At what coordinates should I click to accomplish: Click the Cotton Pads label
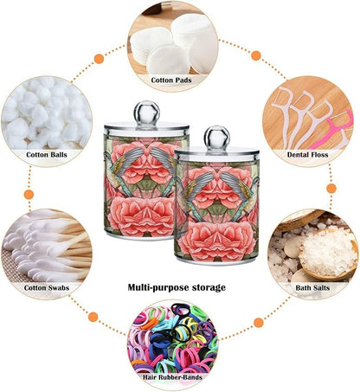(x=171, y=80)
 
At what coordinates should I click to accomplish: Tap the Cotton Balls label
(x=47, y=155)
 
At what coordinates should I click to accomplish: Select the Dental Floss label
(x=307, y=155)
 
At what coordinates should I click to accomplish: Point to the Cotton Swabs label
(x=47, y=287)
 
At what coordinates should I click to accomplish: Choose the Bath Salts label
(x=312, y=287)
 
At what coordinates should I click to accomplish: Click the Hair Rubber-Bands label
(x=172, y=376)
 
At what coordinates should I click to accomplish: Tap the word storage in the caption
(x=207, y=288)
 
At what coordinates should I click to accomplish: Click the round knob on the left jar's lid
(x=146, y=112)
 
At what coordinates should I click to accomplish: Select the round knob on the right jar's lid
(x=217, y=138)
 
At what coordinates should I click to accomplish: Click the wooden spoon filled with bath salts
(x=327, y=254)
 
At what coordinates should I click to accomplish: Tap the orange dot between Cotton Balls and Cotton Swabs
(x=29, y=195)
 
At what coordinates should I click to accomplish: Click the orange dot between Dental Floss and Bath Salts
(x=331, y=189)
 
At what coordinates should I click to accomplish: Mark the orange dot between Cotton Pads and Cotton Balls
(x=99, y=59)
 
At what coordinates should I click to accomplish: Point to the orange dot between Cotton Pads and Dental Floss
(x=256, y=55)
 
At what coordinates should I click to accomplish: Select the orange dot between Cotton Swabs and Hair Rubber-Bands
(x=93, y=317)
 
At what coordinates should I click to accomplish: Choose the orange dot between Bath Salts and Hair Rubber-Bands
(x=259, y=323)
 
